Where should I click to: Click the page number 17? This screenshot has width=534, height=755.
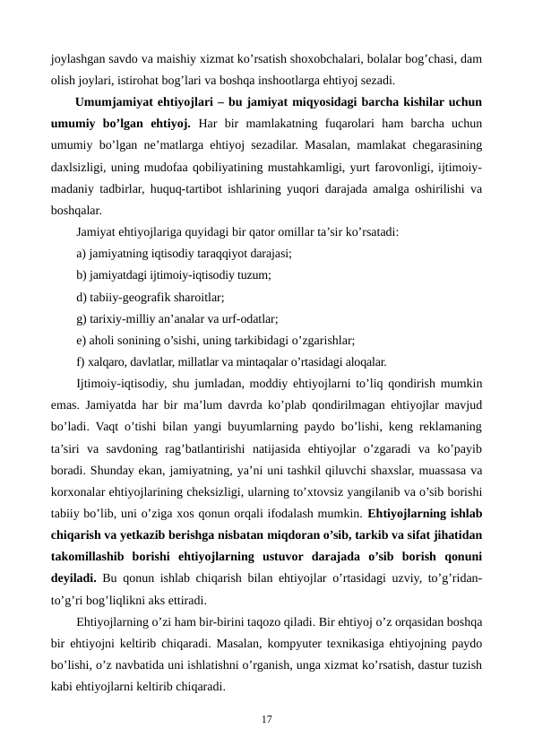click(267, 718)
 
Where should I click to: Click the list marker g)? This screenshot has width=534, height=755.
click(82, 318)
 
